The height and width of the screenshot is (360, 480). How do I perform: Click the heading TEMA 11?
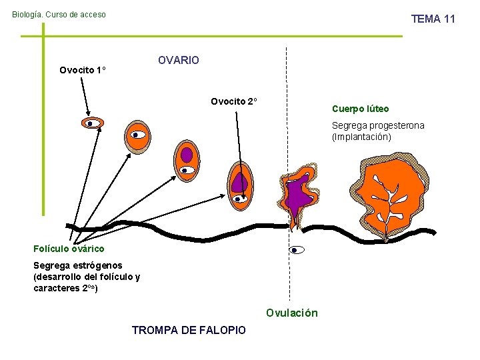point(433,19)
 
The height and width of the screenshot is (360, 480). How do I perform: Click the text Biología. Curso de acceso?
point(59,14)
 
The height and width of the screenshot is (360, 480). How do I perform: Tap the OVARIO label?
point(178,61)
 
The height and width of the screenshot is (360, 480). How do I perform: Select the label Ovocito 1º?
point(83,70)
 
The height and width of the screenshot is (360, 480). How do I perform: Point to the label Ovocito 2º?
point(234,102)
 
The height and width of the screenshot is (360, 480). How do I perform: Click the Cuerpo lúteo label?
point(360,109)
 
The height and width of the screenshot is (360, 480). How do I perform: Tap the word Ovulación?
point(292,313)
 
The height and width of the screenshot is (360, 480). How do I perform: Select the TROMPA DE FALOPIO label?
point(189,330)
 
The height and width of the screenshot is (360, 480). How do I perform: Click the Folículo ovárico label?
point(69,249)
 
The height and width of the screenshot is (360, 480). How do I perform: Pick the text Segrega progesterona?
point(378,125)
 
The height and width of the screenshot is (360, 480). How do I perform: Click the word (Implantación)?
point(361,137)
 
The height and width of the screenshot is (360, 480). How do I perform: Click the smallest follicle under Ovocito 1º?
point(91,123)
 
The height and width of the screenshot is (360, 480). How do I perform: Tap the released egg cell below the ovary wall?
point(297,250)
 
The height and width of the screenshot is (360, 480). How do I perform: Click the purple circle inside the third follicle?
point(187,155)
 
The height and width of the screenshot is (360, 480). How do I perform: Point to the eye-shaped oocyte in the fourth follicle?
point(240,198)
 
